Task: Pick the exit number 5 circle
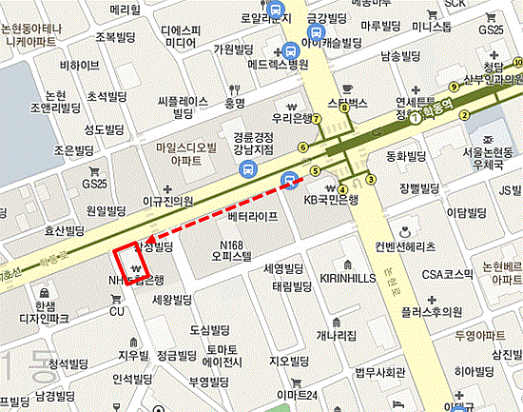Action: (x=315, y=170)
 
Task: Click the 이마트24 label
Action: (x=296, y=395)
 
